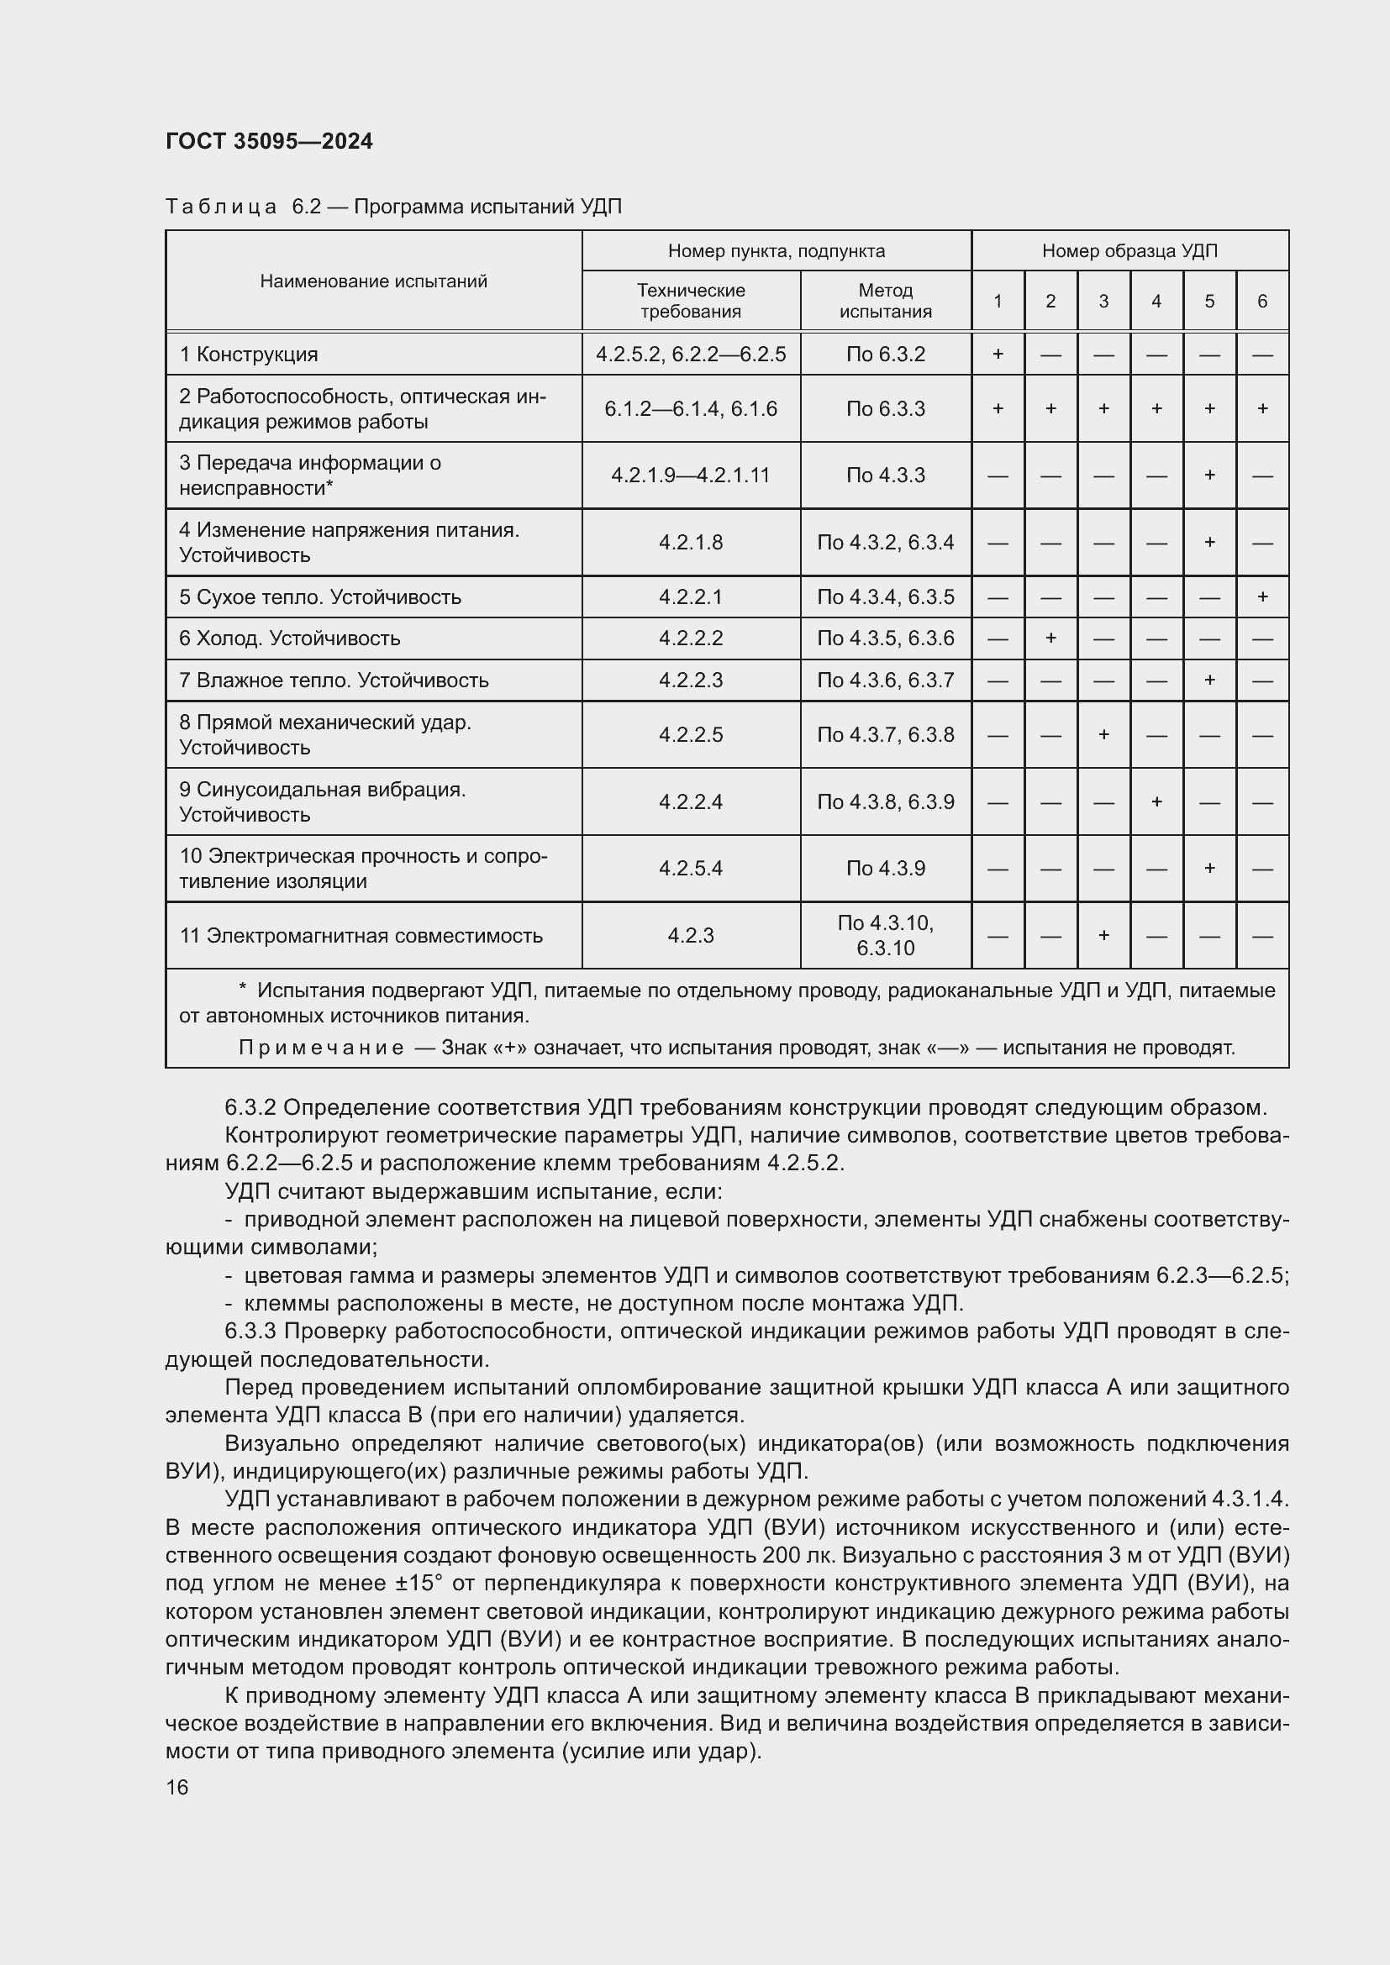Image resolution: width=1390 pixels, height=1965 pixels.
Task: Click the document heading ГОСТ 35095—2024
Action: click(269, 141)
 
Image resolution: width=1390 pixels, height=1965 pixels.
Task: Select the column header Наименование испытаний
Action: click(373, 281)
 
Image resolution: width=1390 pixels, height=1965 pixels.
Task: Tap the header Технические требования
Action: click(690, 301)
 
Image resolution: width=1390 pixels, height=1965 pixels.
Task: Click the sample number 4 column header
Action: click(1156, 301)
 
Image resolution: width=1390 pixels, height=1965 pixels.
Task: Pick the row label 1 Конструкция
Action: click(248, 355)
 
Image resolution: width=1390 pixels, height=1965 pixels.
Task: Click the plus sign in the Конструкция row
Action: click(998, 354)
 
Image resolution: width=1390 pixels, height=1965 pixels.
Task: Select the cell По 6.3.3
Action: click(885, 408)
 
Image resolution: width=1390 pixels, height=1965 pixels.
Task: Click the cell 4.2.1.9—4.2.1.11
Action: click(690, 475)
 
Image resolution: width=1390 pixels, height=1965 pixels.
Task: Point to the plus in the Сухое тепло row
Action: click(1261, 596)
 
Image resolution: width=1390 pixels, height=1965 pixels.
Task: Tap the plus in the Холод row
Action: click(1050, 638)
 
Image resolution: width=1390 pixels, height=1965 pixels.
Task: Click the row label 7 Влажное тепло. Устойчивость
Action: click(334, 680)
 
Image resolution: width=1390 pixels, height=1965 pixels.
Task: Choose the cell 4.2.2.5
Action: click(690, 734)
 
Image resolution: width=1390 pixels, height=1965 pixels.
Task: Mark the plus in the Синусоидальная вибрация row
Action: click(1156, 801)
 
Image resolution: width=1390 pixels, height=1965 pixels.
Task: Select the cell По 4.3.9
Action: click(885, 868)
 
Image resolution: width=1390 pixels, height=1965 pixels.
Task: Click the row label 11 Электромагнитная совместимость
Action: click(361, 935)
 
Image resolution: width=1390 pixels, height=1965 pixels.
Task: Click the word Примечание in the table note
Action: click(321, 1048)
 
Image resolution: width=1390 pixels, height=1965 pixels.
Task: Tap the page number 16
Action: click(177, 1788)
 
